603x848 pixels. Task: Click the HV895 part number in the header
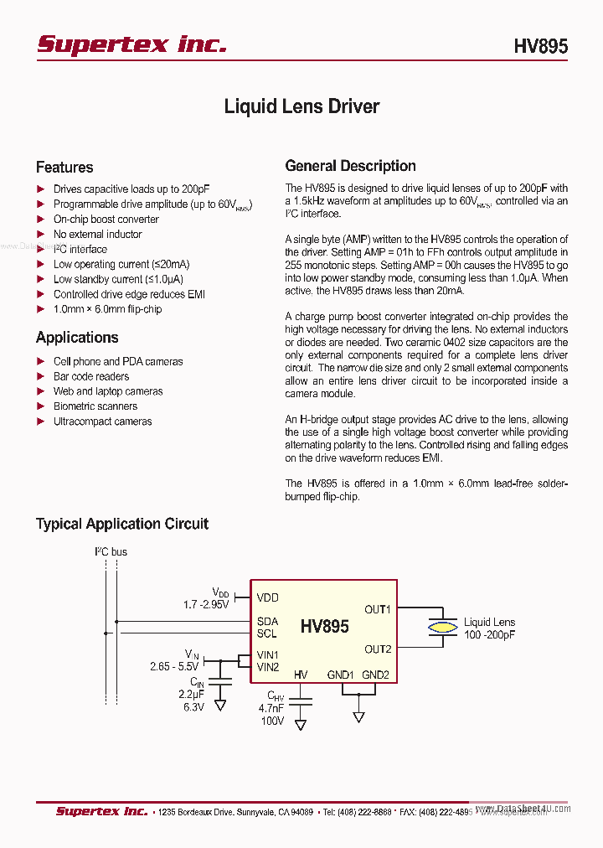(540, 46)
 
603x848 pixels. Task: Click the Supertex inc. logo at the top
(131, 44)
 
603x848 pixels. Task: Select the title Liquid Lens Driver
(301, 106)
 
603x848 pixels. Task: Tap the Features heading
(64, 167)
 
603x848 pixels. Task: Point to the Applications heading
(77, 338)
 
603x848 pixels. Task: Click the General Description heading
(351, 166)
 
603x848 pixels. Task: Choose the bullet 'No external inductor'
(98, 235)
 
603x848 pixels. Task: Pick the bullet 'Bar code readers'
(91, 376)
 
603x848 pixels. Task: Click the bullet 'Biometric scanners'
(95, 406)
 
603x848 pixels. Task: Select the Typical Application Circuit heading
(122, 524)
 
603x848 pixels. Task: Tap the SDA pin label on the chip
(268, 621)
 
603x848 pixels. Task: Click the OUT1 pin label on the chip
(378, 609)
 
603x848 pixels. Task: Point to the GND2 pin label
(375, 675)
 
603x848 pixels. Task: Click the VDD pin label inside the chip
(268, 597)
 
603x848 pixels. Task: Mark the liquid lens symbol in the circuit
(442, 627)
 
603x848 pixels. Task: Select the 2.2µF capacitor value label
(192, 695)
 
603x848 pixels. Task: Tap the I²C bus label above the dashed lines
(110, 552)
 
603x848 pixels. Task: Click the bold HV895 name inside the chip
(325, 627)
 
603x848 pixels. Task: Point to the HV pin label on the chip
(301, 675)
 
